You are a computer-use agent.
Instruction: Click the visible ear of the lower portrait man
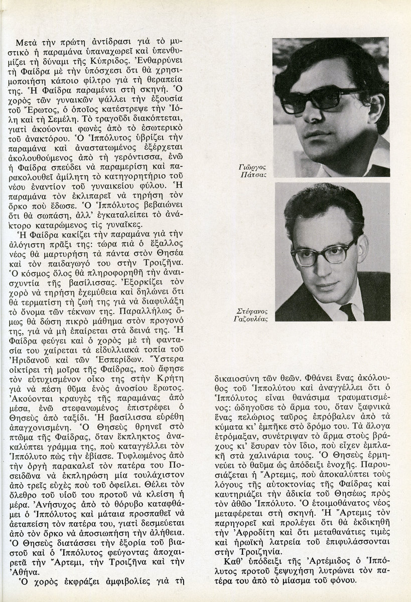point(359,247)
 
